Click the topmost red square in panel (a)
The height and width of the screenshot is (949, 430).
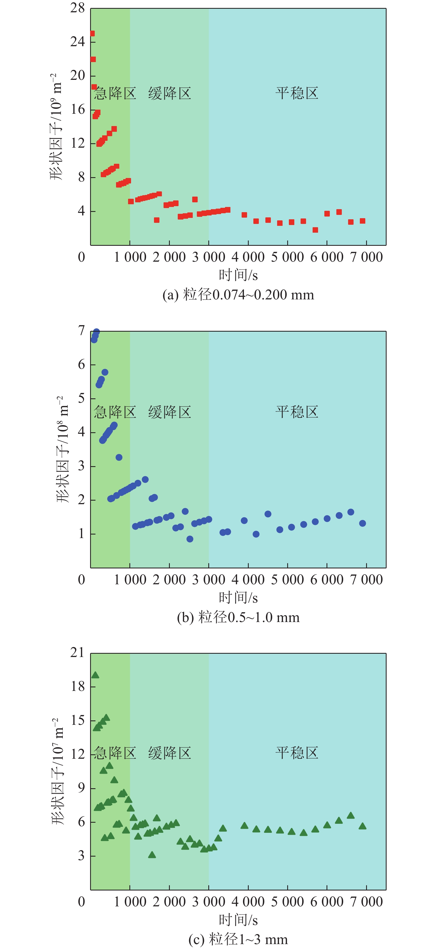coord(92,34)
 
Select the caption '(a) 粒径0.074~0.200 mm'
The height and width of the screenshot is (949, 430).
coord(238,295)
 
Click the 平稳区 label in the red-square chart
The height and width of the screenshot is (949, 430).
coord(297,93)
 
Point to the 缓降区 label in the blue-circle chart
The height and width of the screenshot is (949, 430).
coord(170,412)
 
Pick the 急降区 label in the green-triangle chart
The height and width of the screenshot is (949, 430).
coord(115,753)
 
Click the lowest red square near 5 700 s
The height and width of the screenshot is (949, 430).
coord(315,230)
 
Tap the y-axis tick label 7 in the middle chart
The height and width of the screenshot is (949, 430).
coord(81,331)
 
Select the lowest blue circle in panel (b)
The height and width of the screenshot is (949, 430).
coord(190,539)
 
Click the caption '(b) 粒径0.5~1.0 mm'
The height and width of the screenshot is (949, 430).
coord(238,617)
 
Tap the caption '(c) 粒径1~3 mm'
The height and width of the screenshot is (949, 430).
coord(238,939)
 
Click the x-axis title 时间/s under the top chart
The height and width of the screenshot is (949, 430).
coord(238,275)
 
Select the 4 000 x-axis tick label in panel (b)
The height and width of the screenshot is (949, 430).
coord(248,580)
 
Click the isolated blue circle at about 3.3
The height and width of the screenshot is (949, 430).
coord(119,457)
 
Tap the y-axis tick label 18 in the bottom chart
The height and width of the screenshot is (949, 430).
coord(78,686)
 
